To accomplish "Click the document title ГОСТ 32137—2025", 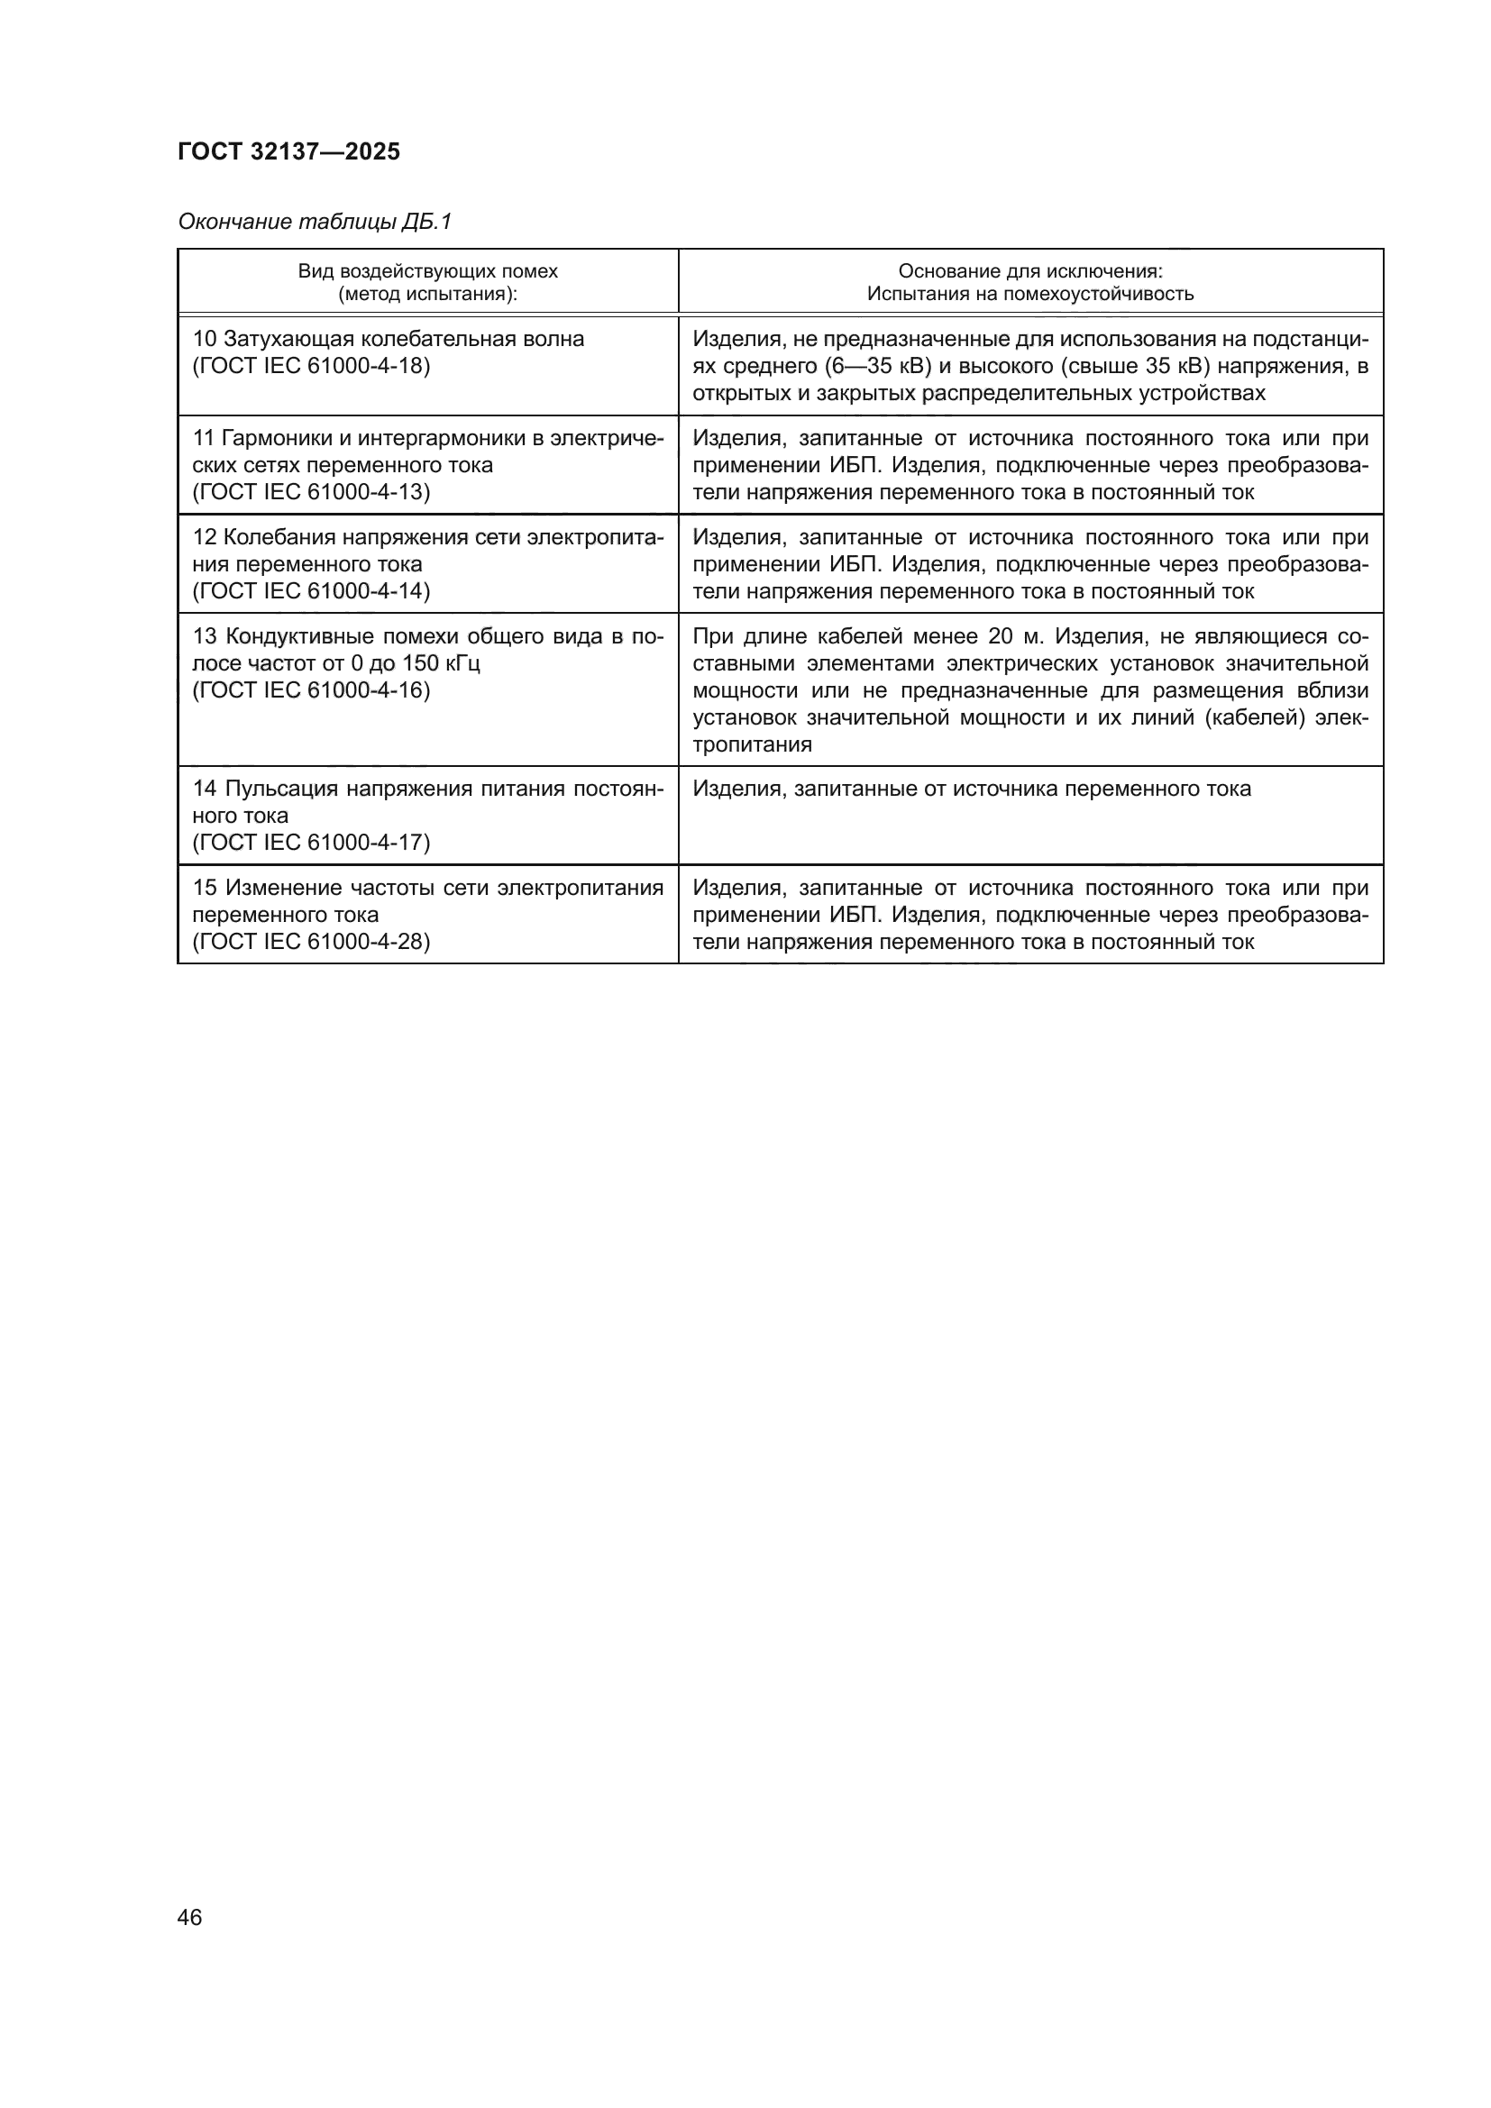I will click(x=288, y=152).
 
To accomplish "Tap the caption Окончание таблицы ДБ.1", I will click(x=315, y=223).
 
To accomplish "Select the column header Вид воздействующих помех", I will click(x=427, y=272).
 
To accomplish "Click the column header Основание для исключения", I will click(x=1030, y=272).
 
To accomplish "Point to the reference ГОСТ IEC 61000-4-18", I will click(x=311, y=366).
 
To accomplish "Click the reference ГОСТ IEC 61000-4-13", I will click(x=311, y=492).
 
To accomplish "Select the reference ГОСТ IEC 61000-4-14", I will click(x=311, y=591).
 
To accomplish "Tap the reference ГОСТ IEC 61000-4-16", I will click(x=311, y=690).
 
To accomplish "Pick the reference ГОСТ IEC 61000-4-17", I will click(x=311, y=843).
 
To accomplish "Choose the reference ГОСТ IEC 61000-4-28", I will click(x=311, y=942).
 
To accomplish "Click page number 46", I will click(x=189, y=1917).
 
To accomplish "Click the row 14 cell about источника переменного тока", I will click(x=972, y=789).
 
